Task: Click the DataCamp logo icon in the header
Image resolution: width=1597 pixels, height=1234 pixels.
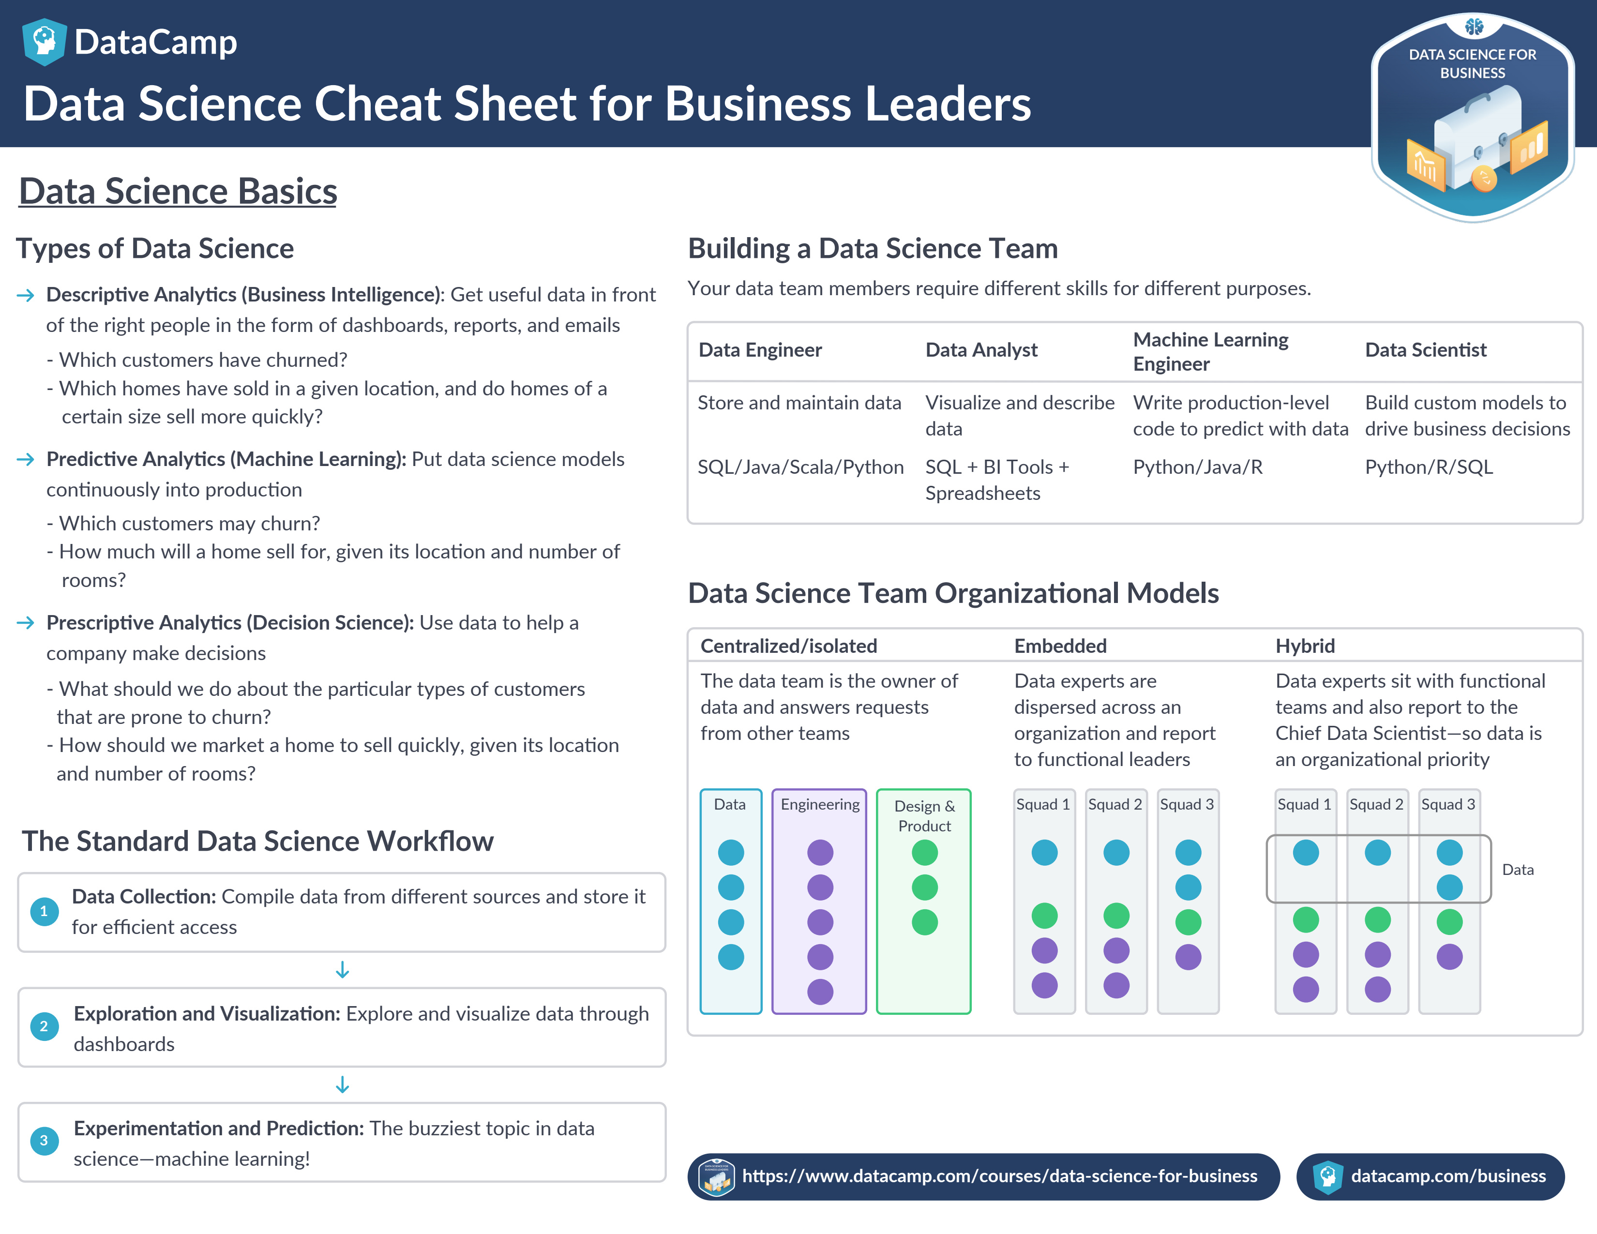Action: (44, 42)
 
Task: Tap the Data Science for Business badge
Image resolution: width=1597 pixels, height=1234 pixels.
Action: (1472, 117)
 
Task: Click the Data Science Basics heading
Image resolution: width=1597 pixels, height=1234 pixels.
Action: (178, 192)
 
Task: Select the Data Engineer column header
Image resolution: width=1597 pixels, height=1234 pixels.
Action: (760, 350)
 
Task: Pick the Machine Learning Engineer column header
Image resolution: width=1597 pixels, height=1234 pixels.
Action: (1210, 352)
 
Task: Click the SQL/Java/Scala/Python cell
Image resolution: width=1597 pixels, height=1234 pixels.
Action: (800, 467)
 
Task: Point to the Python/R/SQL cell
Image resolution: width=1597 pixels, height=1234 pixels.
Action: (1428, 467)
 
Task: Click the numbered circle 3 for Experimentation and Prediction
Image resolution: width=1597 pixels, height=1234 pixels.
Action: (44, 1141)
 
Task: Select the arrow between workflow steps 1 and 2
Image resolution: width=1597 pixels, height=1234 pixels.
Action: (342, 970)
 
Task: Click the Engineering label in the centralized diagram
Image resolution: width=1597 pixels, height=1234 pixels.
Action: (820, 804)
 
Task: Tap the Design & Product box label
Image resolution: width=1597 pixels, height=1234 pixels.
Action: (924, 816)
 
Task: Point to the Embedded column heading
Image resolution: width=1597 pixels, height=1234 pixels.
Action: (1059, 646)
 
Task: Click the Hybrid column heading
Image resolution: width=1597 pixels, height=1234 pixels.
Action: (1305, 646)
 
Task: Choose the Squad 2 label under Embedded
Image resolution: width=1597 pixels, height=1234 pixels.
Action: (1115, 804)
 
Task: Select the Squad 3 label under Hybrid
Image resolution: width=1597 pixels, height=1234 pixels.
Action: (1448, 804)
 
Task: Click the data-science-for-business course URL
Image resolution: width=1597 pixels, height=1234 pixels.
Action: (999, 1176)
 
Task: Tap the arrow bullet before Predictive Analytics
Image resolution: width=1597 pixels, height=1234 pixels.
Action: (26, 459)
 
